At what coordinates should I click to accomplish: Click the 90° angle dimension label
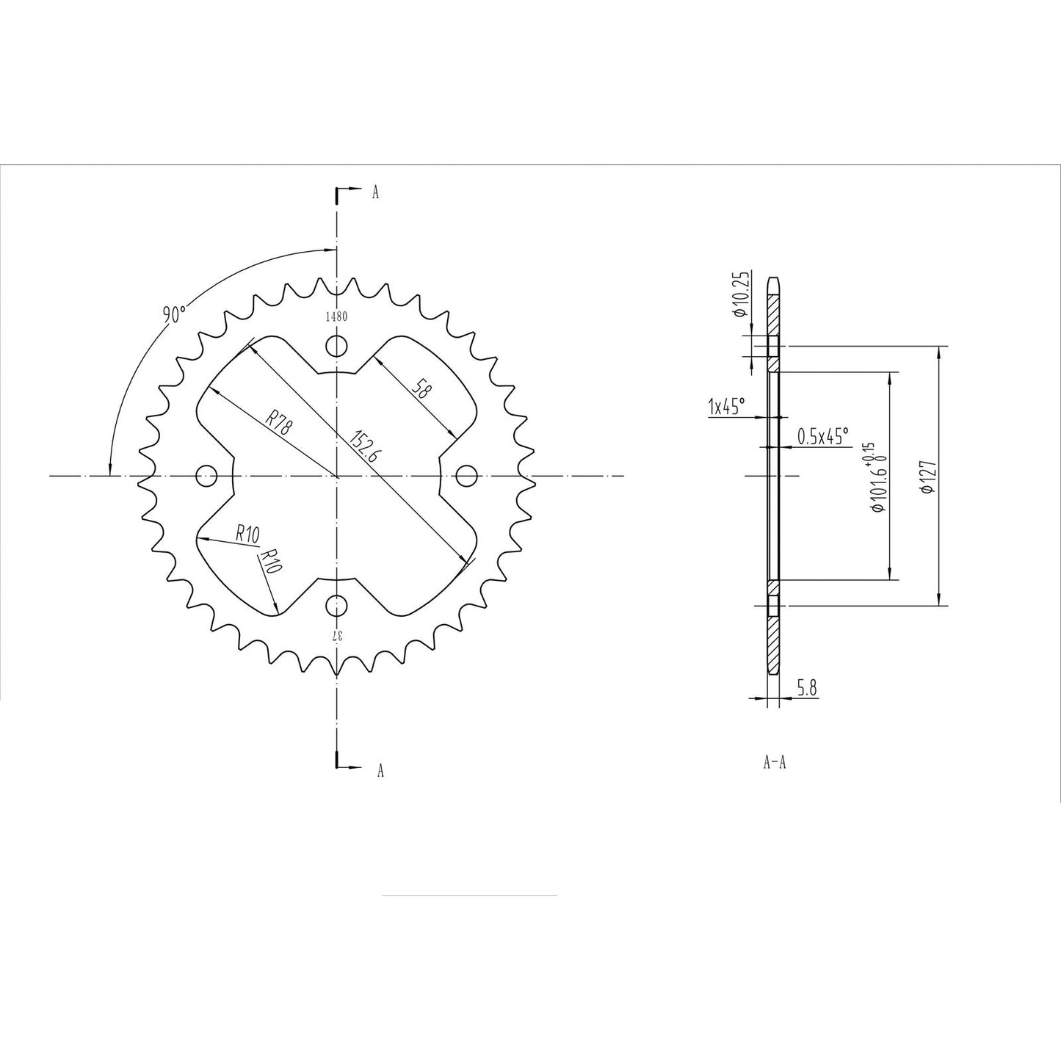pyautogui.click(x=175, y=315)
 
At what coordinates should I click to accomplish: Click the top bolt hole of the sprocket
pyautogui.click(x=337, y=346)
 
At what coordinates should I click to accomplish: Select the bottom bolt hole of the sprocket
pyautogui.click(x=337, y=606)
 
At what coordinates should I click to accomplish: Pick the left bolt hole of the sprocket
pyautogui.click(x=207, y=476)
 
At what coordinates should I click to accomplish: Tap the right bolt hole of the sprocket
pyautogui.click(x=467, y=476)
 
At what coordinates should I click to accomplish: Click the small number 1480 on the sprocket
pyautogui.click(x=336, y=317)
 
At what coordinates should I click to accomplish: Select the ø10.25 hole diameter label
pyautogui.click(x=739, y=294)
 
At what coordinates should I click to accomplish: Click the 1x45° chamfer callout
pyautogui.click(x=726, y=406)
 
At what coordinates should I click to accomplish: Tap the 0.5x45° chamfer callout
pyautogui.click(x=822, y=436)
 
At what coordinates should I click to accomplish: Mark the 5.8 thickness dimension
pyautogui.click(x=807, y=688)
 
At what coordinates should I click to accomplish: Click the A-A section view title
pyautogui.click(x=775, y=763)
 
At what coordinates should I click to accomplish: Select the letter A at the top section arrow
pyautogui.click(x=375, y=193)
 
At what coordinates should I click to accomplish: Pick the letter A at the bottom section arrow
pyautogui.click(x=380, y=770)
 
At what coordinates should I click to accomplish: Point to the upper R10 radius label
pyautogui.click(x=247, y=534)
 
